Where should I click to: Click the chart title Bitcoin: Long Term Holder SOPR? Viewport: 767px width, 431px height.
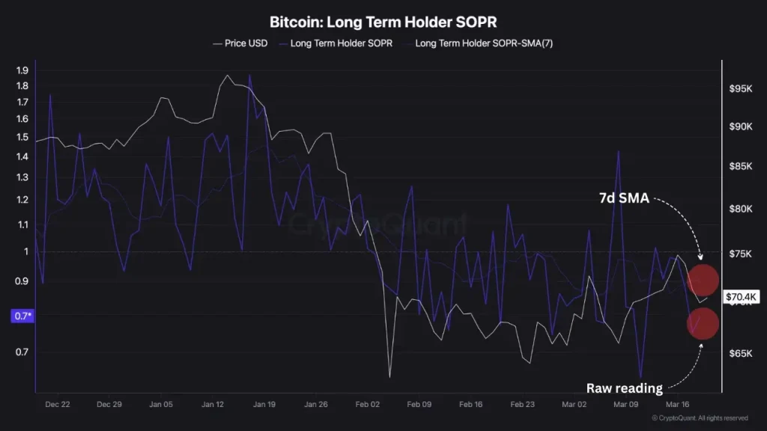[x=383, y=22]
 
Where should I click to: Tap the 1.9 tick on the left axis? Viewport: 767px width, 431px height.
[x=21, y=70]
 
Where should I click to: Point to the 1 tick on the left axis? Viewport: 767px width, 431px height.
[x=25, y=251]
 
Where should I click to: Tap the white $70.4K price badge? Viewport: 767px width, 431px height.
[x=743, y=297]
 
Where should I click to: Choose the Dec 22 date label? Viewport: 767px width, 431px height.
[x=58, y=404]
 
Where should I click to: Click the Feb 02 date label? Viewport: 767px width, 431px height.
[x=368, y=404]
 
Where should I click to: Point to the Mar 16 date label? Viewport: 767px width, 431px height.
[x=677, y=404]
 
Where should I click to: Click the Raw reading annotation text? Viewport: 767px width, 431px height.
[x=624, y=388]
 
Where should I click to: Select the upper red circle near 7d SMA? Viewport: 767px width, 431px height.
[x=703, y=279]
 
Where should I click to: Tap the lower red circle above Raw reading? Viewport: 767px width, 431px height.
[x=703, y=324]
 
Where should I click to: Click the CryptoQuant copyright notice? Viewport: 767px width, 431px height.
[x=700, y=418]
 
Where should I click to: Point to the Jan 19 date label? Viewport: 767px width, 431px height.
[x=264, y=404]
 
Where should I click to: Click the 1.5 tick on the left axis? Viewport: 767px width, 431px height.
[x=21, y=137]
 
